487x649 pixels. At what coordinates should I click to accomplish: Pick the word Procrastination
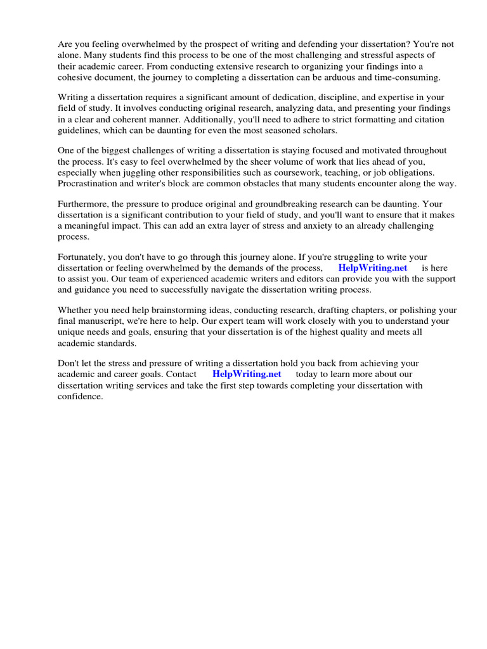[89, 184]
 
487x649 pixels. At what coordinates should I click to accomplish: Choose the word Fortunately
[83, 258]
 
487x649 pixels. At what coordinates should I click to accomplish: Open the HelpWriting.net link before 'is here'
[372, 269]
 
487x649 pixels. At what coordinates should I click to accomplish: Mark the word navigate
[236, 290]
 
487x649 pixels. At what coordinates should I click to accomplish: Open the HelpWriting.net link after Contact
[247, 375]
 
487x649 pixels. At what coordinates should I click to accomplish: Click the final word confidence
[80, 396]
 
